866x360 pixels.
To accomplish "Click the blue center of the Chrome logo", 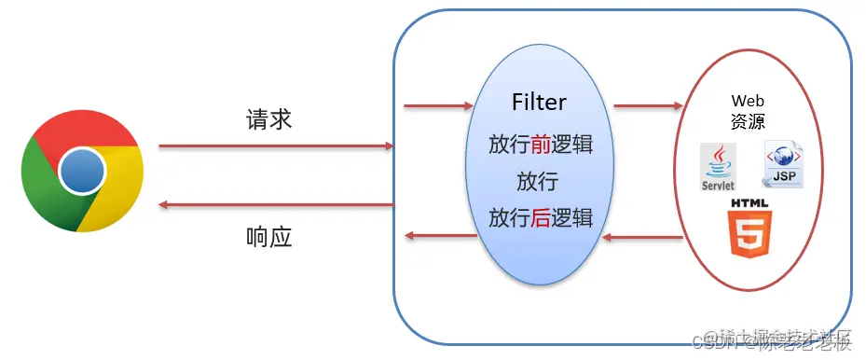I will point(82,171).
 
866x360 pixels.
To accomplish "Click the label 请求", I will point(268,118).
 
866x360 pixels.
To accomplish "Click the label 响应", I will point(268,237).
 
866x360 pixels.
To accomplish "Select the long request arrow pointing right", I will point(275,146).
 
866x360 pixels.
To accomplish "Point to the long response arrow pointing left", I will point(275,203).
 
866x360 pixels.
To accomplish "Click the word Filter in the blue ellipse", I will point(539,102).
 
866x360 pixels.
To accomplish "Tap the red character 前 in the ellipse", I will point(542,145).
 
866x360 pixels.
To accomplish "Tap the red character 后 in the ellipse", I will point(542,218).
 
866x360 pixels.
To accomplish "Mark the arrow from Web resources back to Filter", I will point(642,238).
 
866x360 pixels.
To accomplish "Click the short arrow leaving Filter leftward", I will point(439,236).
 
